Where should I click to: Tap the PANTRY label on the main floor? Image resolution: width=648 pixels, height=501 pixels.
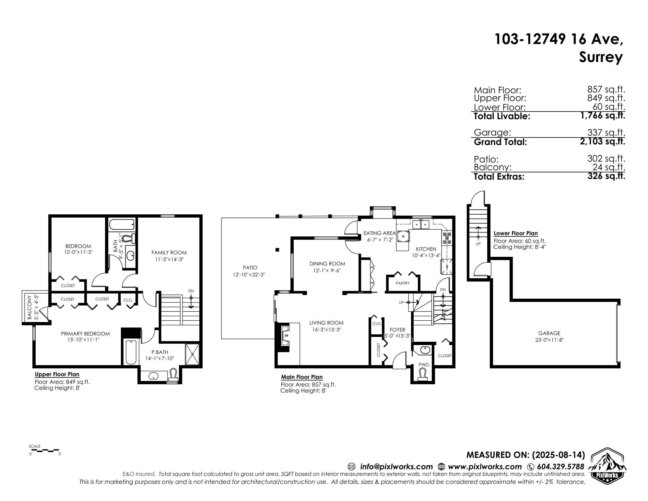tap(403, 283)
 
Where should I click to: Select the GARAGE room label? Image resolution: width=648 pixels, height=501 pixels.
tap(549, 333)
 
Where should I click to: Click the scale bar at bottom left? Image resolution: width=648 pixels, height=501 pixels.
tap(45, 450)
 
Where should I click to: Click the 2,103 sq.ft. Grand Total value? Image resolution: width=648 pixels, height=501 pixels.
tap(603, 141)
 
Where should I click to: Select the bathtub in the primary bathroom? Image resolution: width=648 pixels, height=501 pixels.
tap(131, 352)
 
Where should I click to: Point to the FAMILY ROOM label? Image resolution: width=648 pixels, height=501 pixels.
tap(169, 253)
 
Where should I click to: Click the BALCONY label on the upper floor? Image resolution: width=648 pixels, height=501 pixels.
tap(29, 307)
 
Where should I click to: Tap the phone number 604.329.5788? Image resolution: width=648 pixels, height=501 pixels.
tap(560, 467)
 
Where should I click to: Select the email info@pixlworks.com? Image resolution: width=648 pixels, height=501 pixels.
tap(396, 467)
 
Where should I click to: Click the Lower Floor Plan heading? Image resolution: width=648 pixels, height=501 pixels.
tap(515, 233)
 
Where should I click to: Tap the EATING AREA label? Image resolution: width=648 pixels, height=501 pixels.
tap(380, 233)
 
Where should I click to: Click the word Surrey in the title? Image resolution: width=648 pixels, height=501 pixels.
tap(601, 58)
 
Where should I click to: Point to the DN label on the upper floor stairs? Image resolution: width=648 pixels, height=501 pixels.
tap(191, 291)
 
